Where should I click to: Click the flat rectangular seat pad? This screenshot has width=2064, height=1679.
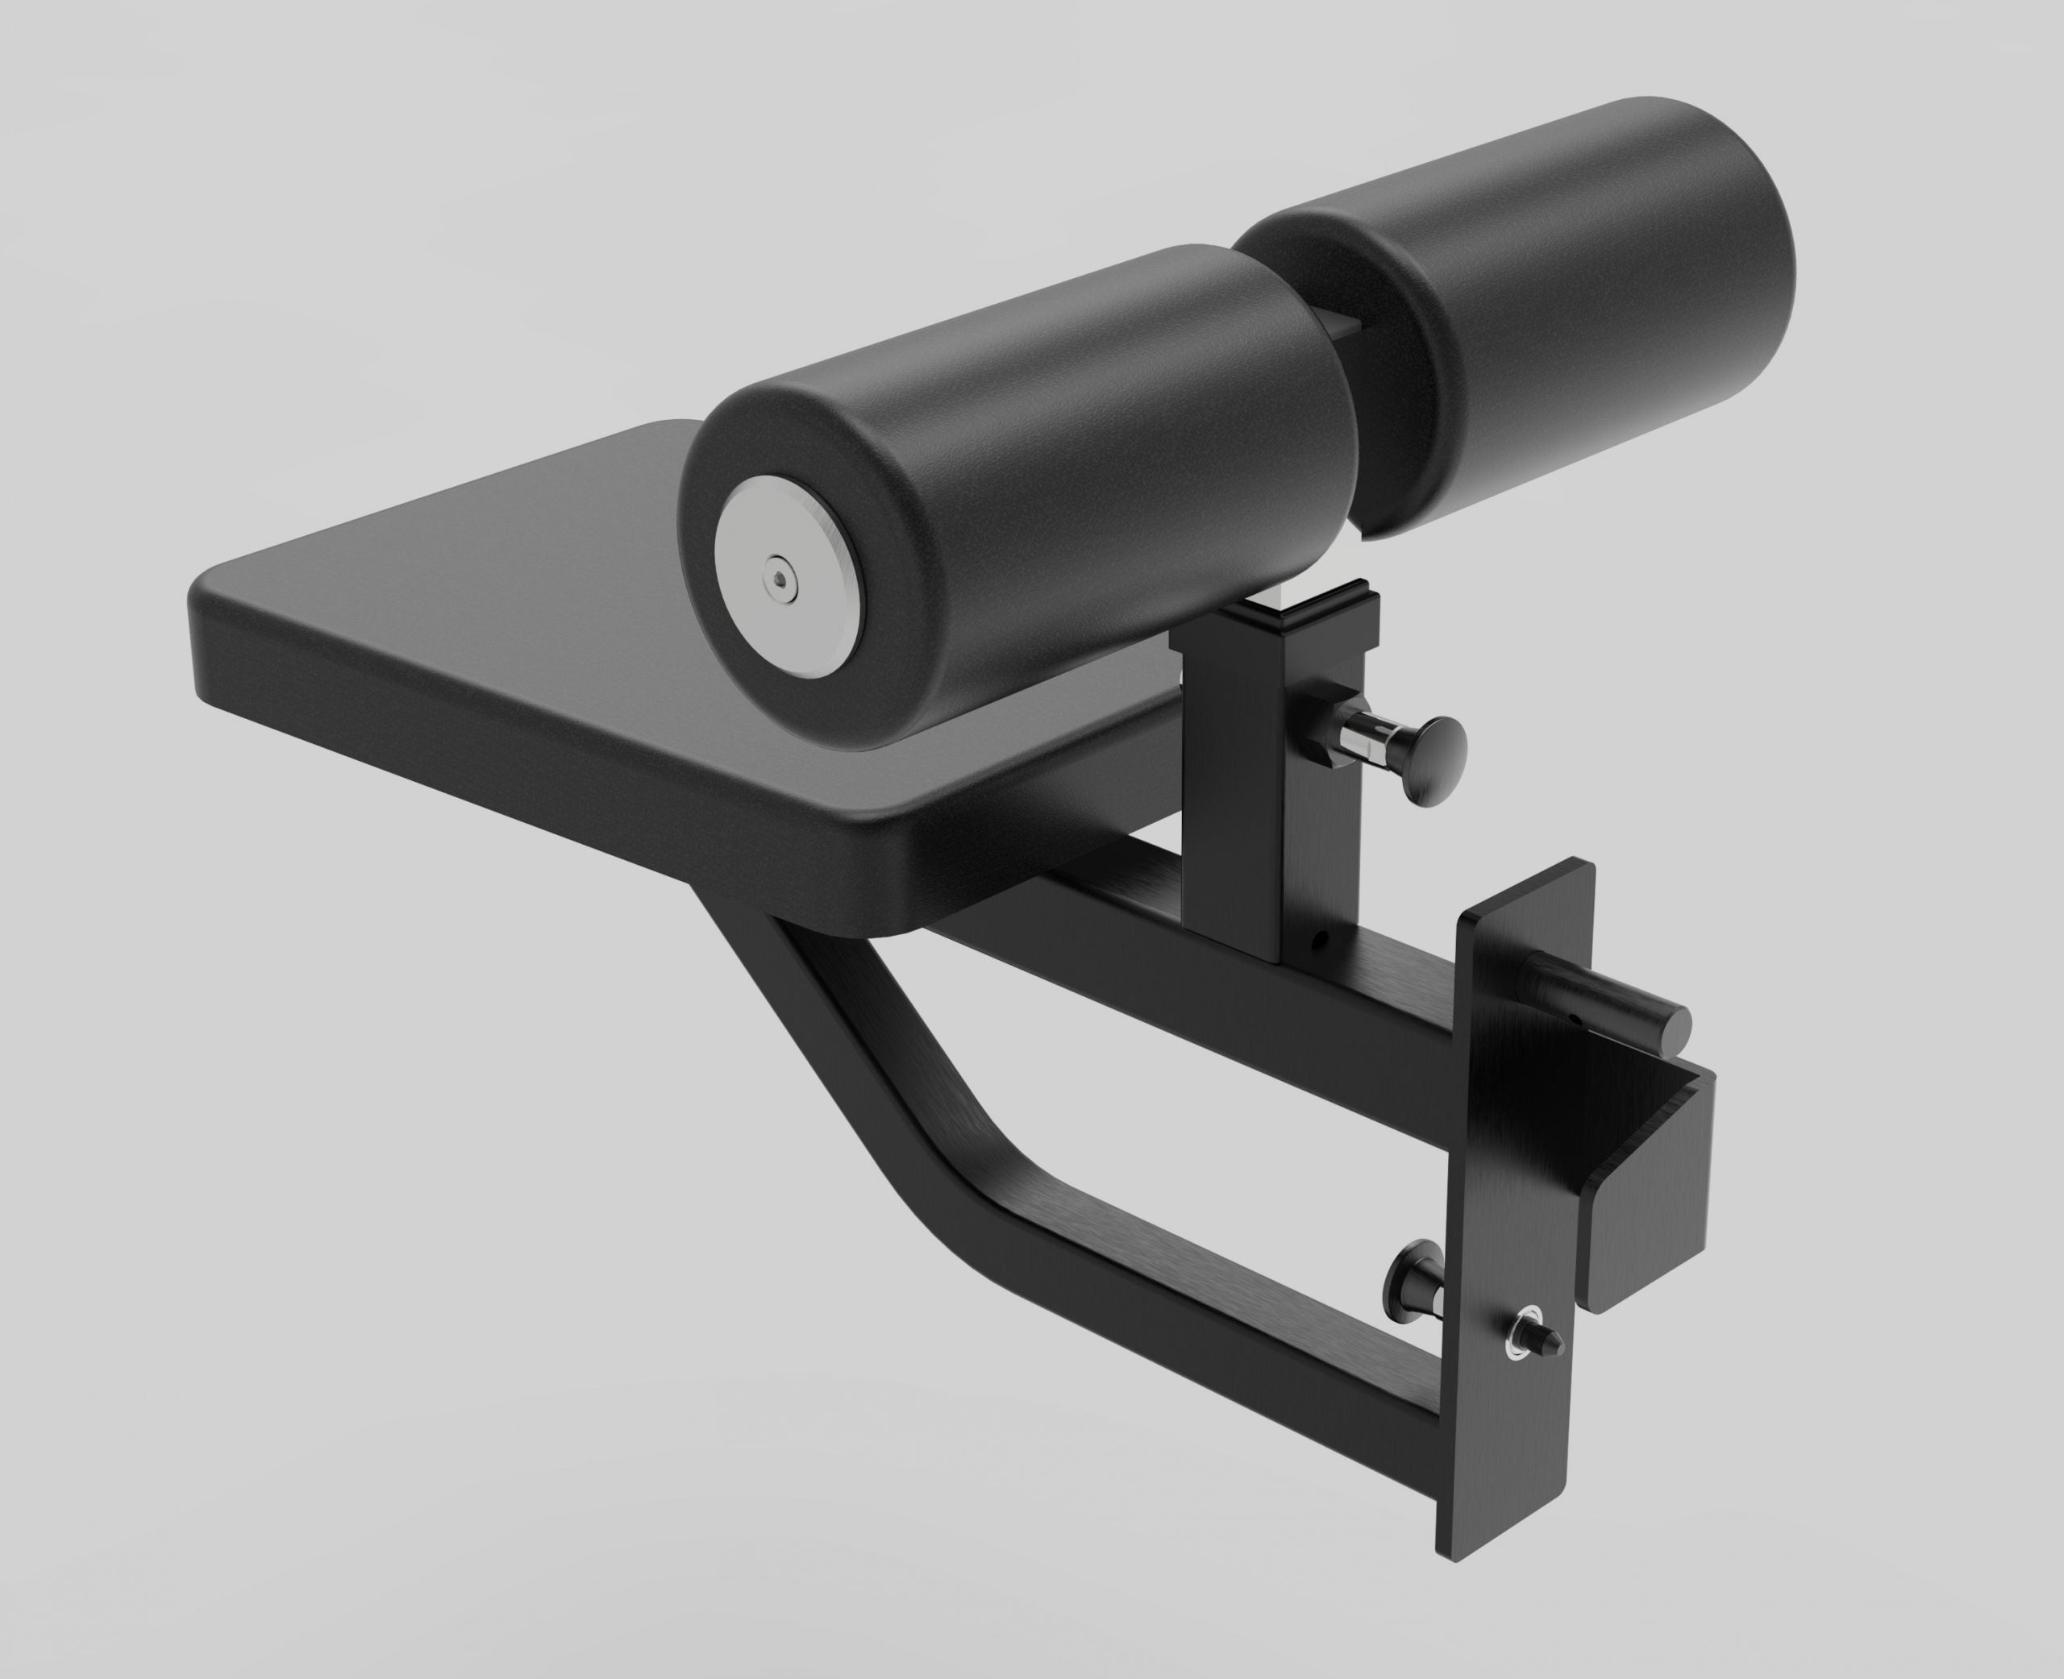point(484,619)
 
